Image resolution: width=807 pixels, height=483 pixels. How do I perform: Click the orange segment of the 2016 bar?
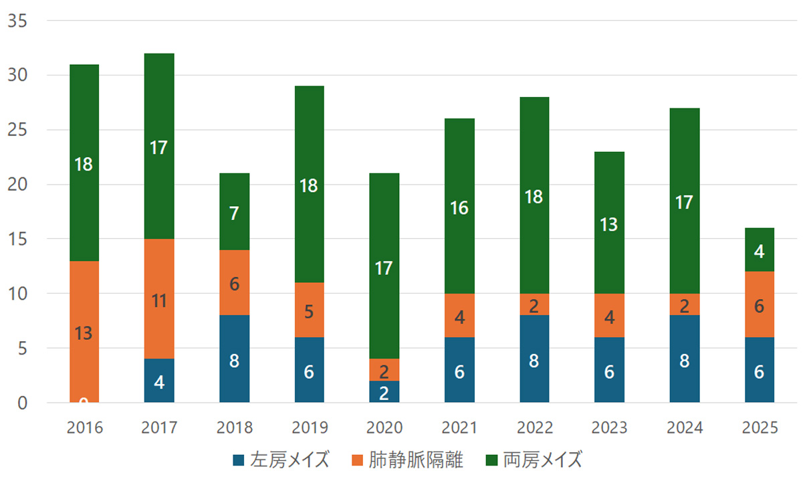(84, 314)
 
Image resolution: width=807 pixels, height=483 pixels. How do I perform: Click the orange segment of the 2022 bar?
(534, 304)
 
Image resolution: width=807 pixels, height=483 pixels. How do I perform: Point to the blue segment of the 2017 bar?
(159, 381)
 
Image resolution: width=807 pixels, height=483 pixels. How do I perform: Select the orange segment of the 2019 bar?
(309, 310)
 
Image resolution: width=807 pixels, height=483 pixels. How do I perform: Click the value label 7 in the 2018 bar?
(234, 214)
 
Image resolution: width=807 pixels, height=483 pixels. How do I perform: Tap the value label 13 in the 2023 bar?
(609, 224)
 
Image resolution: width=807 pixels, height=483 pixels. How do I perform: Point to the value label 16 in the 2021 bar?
(459, 208)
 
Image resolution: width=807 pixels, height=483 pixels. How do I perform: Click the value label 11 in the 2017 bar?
(159, 300)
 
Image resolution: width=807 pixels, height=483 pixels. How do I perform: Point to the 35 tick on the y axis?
(17, 21)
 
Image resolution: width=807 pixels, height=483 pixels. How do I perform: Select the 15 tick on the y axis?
(17, 239)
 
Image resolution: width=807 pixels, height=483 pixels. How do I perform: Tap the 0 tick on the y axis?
(22, 403)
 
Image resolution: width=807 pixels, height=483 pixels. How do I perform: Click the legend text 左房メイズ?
(290, 460)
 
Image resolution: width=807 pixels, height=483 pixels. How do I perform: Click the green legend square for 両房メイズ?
(491, 460)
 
